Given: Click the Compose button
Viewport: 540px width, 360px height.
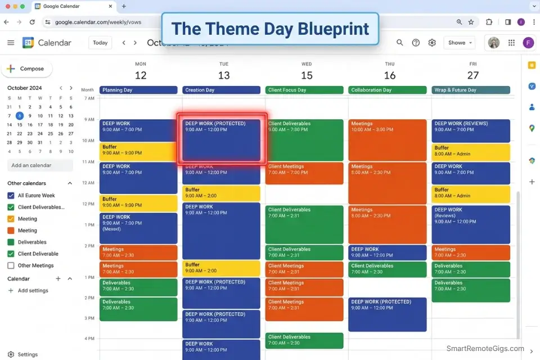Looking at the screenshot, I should (x=26, y=69).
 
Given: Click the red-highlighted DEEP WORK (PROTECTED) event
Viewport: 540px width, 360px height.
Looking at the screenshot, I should (x=222, y=140).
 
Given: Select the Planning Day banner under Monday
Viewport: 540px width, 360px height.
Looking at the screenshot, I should (x=138, y=90).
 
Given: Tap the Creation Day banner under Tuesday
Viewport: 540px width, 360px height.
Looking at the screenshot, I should (x=222, y=90).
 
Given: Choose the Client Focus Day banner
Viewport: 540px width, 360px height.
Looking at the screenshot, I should (x=304, y=90).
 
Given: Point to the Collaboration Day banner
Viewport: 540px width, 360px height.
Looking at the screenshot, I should (x=388, y=90).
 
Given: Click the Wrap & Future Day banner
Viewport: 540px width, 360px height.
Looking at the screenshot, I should (x=471, y=90).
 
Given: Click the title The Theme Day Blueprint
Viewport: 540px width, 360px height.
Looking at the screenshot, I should (x=270, y=29).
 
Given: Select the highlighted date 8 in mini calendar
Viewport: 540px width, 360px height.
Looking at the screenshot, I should (x=19, y=116).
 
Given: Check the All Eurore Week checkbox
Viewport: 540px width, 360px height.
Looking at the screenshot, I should (x=11, y=195).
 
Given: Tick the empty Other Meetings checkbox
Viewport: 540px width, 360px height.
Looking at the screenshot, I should (x=11, y=265).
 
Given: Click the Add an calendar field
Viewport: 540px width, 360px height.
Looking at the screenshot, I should (x=40, y=165).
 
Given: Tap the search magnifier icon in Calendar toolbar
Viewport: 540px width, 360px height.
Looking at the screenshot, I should (x=400, y=43).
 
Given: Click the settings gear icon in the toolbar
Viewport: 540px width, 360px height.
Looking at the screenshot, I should (x=432, y=43).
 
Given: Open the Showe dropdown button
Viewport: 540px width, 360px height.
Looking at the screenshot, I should (x=460, y=43).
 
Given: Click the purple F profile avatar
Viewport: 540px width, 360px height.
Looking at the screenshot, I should (x=528, y=43).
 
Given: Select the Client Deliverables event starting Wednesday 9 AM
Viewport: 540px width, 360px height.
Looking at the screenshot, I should (x=304, y=139).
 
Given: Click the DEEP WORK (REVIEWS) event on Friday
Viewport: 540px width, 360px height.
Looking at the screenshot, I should (x=471, y=130).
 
